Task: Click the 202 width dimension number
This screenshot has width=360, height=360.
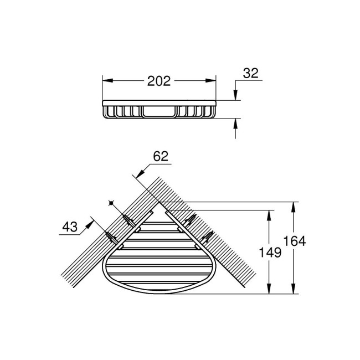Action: pos(158,81)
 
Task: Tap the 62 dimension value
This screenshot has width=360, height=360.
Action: pos(160,157)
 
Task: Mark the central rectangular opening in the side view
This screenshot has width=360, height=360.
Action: pos(158,112)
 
